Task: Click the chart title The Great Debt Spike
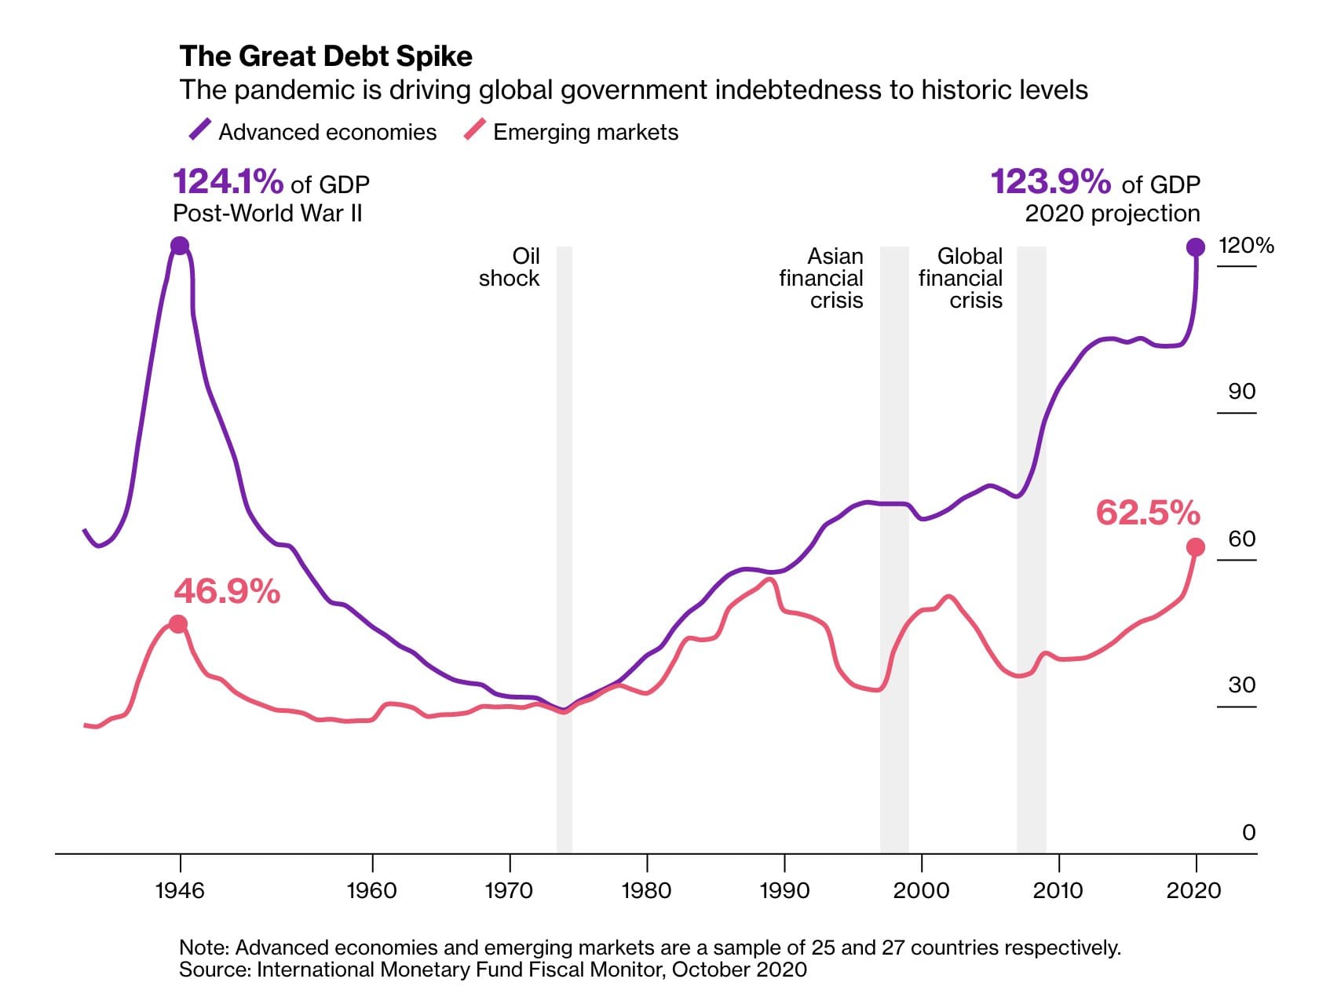326,57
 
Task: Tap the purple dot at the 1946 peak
180,246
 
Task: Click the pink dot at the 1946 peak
178,624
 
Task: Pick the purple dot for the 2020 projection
1195,247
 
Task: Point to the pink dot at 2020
1195,547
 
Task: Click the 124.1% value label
228,182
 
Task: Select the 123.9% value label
1050,182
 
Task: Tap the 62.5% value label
1148,513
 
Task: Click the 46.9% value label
227,592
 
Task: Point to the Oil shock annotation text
511,267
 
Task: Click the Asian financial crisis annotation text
821,278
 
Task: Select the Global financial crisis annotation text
961,278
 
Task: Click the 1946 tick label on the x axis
180,890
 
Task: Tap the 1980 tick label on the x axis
646,890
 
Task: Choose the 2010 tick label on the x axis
1058,890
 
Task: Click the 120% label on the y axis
1245,246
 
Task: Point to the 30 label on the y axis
1241,685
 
